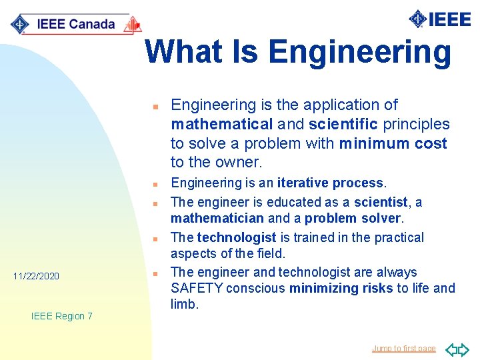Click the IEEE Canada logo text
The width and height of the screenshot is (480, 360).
pos(75,25)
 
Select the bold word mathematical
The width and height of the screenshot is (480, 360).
pos(221,124)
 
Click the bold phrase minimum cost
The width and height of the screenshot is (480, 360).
pos(393,143)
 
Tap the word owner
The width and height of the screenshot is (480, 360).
pos(237,162)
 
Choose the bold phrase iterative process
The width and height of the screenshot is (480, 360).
pos(330,183)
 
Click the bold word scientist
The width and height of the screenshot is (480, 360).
pos(381,201)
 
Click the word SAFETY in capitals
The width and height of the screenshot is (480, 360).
pos(197,288)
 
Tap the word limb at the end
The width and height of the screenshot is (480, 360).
pos(184,304)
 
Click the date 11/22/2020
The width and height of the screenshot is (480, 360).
pos(37,275)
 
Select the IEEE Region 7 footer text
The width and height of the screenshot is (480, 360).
pos(62,316)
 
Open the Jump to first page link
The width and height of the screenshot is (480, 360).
pos(404,348)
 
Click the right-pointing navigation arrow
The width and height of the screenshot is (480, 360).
pos(464,349)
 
